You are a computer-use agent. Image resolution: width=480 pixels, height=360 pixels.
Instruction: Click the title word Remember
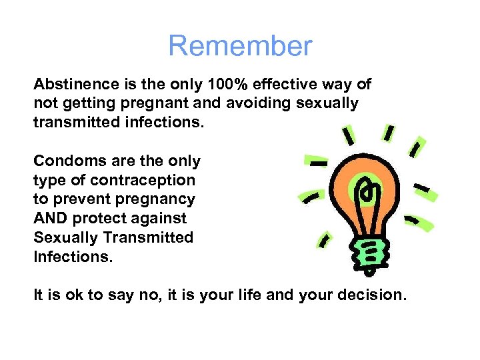240,46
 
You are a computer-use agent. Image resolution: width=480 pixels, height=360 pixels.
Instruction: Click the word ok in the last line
73,294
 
